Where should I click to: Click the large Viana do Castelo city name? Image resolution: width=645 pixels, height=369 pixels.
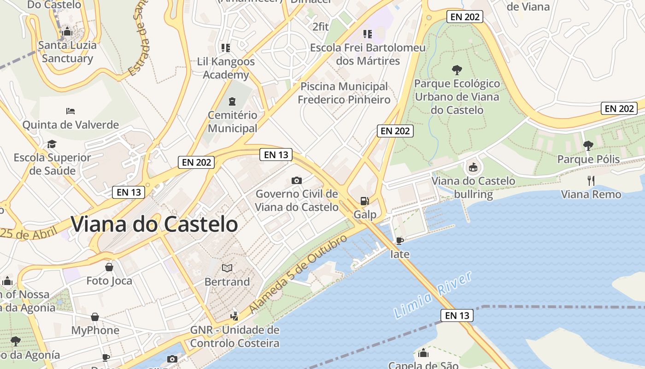pyautogui.click(x=154, y=225)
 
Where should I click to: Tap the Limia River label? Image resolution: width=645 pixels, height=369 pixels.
pyautogui.click(x=434, y=295)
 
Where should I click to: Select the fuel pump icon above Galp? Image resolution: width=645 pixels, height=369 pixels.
pyautogui.click(x=364, y=201)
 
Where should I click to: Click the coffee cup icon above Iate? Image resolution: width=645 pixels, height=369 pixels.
pyautogui.click(x=400, y=241)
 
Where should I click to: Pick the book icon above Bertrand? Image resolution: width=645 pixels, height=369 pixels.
pyautogui.click(x=227, y=268)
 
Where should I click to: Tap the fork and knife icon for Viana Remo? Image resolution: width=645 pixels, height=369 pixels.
pyautogui.click(x=591, y=180)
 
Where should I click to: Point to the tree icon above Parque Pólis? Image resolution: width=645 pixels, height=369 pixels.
pyautogui.click(x=588, y=146)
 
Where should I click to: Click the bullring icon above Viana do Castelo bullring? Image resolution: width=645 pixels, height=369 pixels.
pyautogui.click(x=473, y=167)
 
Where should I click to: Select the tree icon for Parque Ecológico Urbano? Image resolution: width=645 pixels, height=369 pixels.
pyautogui.click(x=457, y=70)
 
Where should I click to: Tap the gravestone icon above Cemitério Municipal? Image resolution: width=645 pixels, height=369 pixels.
pyautogui.click(x=232, y=101)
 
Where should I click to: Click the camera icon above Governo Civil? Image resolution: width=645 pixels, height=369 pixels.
pyautogui.click(x=297, y=180)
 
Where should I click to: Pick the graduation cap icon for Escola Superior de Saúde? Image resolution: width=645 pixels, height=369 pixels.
pyautogui.click(x=52, y=144)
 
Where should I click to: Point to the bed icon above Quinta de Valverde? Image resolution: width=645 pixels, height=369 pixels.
pyautogui.click(x=70, y=111)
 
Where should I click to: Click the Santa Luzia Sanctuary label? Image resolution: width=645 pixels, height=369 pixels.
pyautogui.click(x=67, y=52)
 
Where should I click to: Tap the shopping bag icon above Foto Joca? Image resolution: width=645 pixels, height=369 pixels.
pyautogui.click(x=109, y=267)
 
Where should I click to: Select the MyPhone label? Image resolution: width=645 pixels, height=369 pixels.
pyautogui.click(x=95, y=330)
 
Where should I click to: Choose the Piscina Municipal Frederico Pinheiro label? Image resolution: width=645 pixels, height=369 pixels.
pyautogui.click(x=344, y=93)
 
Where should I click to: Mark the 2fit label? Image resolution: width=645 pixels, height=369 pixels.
pyautogui.click(x=321, y=27)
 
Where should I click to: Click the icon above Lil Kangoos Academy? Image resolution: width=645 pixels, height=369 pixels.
pyautogui.click(x=225, y=48)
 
